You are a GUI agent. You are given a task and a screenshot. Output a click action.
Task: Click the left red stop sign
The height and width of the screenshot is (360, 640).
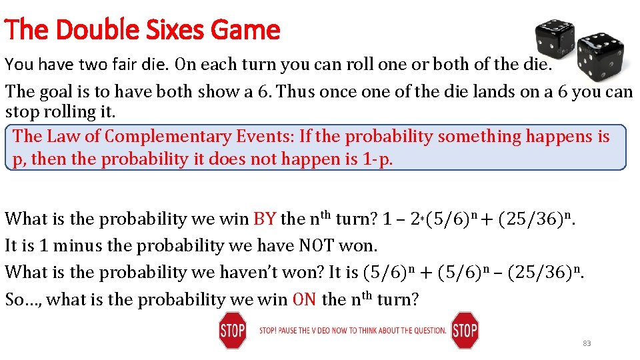[x=232, y=331]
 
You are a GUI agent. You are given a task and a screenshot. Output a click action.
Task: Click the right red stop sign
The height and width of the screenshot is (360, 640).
[x=464, y=331]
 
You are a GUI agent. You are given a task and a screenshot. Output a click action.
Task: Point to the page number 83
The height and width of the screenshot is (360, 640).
[x=587, y=343]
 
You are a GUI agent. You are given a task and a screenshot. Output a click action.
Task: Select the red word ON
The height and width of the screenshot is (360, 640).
[x=304, y=299]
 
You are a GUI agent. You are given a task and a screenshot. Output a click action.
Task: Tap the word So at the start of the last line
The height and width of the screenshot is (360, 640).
[x=16, y=299]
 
